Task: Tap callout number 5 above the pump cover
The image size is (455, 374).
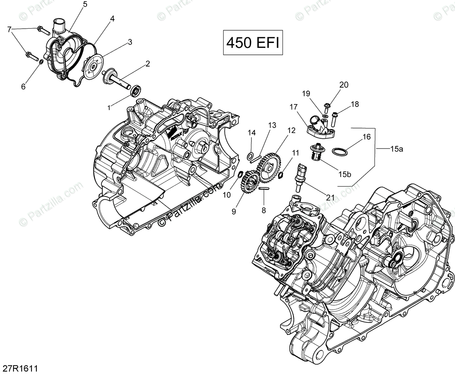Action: point(85,5)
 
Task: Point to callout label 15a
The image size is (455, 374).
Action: point(396,149)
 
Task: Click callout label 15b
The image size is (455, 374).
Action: point(344,174)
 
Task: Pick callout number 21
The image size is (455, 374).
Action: point(330,197)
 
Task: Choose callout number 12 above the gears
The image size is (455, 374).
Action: point(291,131)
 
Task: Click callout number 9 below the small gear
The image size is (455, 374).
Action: point(234,211)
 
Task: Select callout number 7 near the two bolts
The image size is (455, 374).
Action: point(9,29)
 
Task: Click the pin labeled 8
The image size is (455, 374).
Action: point(263,189)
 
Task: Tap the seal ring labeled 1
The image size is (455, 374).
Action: point(135,90)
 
